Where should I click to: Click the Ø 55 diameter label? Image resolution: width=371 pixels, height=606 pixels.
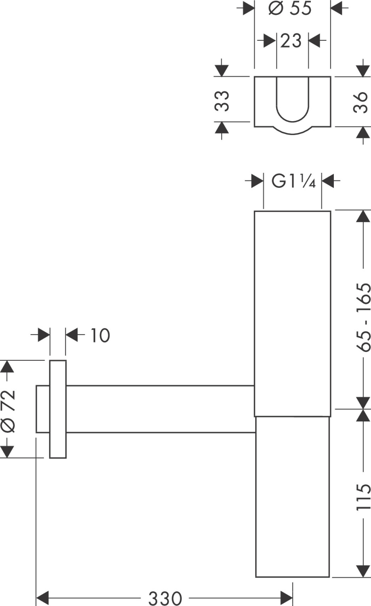pyautogui.click(x=290, y=8)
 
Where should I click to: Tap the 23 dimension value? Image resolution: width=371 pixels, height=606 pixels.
pyautogui.click(x=291, y=41)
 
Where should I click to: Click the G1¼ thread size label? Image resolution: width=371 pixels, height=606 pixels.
pyautogui.click(x=293, y=181)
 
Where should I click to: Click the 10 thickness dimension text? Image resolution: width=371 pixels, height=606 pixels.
pyautogui.click(x=99, y=335)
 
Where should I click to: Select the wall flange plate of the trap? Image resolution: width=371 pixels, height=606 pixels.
pyautogui.click(x=58, y=409)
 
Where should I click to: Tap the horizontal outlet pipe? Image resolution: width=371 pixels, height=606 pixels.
pyautogui.click(x=159, y=409)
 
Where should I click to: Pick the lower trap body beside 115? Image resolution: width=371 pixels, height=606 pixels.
pyautogui.click(x=293, y=497)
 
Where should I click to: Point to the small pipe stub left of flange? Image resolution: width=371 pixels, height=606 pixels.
pyautogui.click(x=43, y=409)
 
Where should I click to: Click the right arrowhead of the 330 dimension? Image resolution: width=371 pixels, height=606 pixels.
pyautogui.click(x=286, y=598)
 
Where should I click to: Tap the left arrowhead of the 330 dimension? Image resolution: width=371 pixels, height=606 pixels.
pyautogui.click(x=42, y=598)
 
